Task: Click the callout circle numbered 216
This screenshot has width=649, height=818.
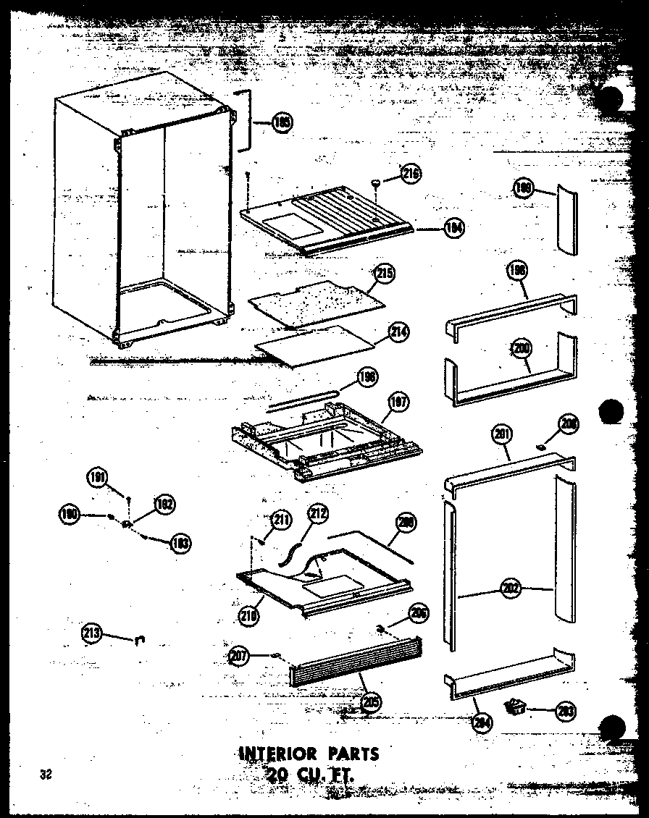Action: (x=411, y=174)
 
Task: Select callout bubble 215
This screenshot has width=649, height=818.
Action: (x=385, y=274)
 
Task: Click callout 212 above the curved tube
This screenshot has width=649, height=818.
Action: (x=317, y=515)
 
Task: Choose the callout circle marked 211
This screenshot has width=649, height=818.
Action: (x=280, y=519)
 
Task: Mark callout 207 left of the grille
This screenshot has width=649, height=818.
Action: (x=239, y=657)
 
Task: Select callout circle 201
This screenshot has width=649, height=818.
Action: (x=501, y=434)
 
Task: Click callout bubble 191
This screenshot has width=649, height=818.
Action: (x=96, y=477)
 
